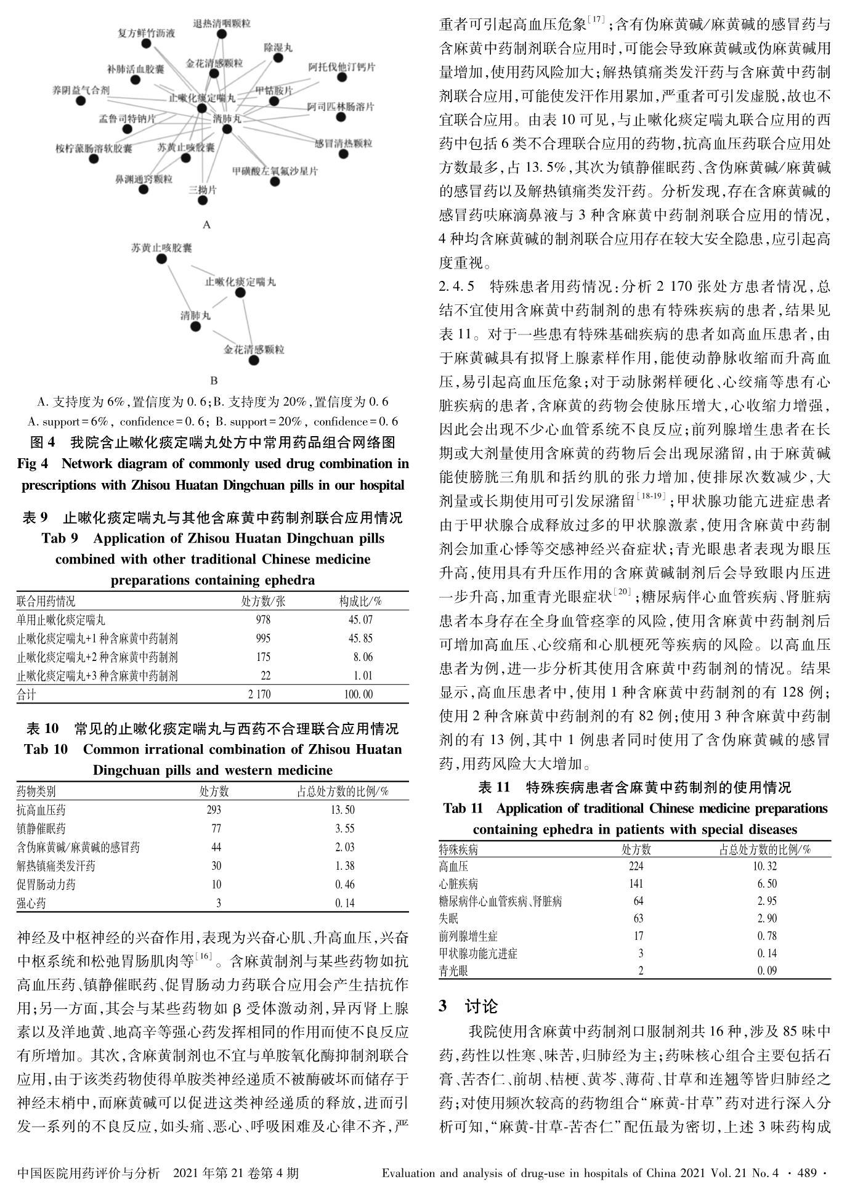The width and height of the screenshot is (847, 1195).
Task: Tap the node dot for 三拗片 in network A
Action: pyautogui.click(x=203, y=200)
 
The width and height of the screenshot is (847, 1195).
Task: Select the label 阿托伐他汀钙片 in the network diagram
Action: pyautogui.click(x=341, y=67)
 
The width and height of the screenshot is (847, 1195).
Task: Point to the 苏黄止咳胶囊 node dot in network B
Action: pyautogui.click(x=161, y=259)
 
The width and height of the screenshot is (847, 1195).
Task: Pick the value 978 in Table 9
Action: pyautogui.click(x=263, y=620)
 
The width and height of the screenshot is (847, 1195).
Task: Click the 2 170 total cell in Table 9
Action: pyautogui.click(x=259, y=694)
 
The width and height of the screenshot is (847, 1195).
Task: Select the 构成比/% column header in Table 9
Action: pyautogui.click(x=360, y=601)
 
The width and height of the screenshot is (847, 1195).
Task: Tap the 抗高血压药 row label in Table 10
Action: pyautogui.click(x=41, y=810)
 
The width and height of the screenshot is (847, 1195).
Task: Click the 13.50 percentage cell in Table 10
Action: pyautogui.click(x=342, y=810)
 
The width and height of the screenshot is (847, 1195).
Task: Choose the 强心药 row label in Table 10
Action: pyautogui.click(x=31, y=904)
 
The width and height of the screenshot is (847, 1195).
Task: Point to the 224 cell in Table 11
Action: pyautogui.click(x=636, y=866)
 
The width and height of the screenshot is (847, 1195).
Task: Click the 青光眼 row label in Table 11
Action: pyautogui.click(x=453, y=971)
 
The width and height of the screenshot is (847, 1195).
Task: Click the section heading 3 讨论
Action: pyautogui.click(x=468, y=1007)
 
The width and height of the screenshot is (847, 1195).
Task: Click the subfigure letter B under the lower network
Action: pyautogui.click(x=214, y=381)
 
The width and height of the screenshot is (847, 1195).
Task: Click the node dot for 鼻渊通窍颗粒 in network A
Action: pyautogui.click(x=144, y=189)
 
